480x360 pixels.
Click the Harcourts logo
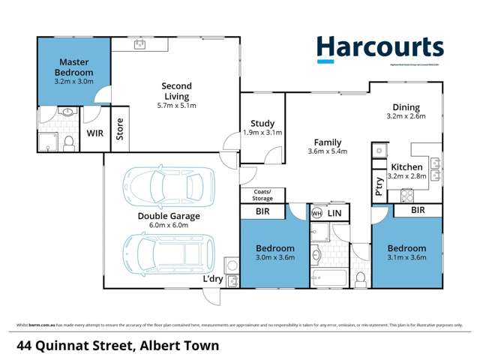[x=379, y=49]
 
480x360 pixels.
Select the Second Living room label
[x=176, y=91]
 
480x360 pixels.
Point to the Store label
[x=119, y=130]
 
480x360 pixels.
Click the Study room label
[x=262, y=124]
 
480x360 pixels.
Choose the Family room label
[x=328, y=142]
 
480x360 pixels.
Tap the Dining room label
[x=405, y=107]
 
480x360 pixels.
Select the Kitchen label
[x=405, y=166]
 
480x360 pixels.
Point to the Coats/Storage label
[x=262, y=195]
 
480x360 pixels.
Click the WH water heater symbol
[x=316, y=213]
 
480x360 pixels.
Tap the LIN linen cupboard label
[x=335, y=214]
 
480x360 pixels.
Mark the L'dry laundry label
[x=213, y=280]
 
